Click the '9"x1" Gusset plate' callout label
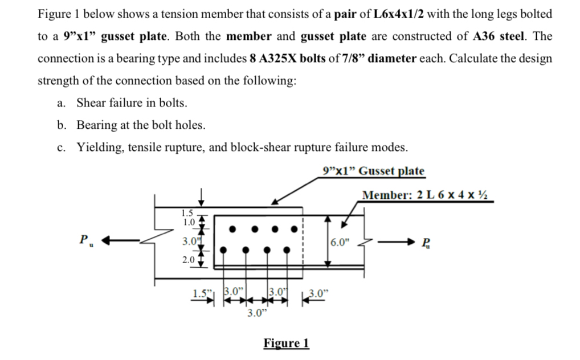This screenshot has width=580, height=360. click(x=373, y=170)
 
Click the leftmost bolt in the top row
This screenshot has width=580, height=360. click(x=232, y=230)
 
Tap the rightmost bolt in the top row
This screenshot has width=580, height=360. click(x=295, y=230)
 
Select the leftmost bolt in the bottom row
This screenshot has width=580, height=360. click(x=223, y=249)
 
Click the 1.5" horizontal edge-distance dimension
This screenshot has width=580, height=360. click(x=199, y=294)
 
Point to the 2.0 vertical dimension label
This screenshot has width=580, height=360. click(x=189, y=259)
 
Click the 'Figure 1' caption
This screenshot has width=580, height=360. click(x=286, y=343)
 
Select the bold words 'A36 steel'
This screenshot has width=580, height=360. click(x=504, y=36)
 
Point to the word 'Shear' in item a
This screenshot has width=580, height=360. click(x=92, y=103)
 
